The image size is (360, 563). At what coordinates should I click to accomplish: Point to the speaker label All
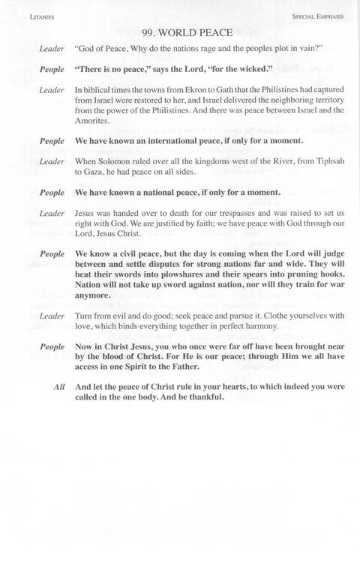pos(59,387)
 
